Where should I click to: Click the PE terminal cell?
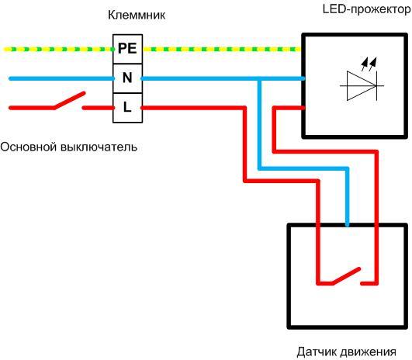pos(126,48)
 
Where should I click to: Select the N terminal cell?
pos(126,78)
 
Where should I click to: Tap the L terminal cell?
pos(126,107)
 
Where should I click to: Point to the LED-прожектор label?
pos(365,9)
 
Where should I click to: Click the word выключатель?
pos(99,146)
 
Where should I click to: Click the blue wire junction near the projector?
pos(260,78)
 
